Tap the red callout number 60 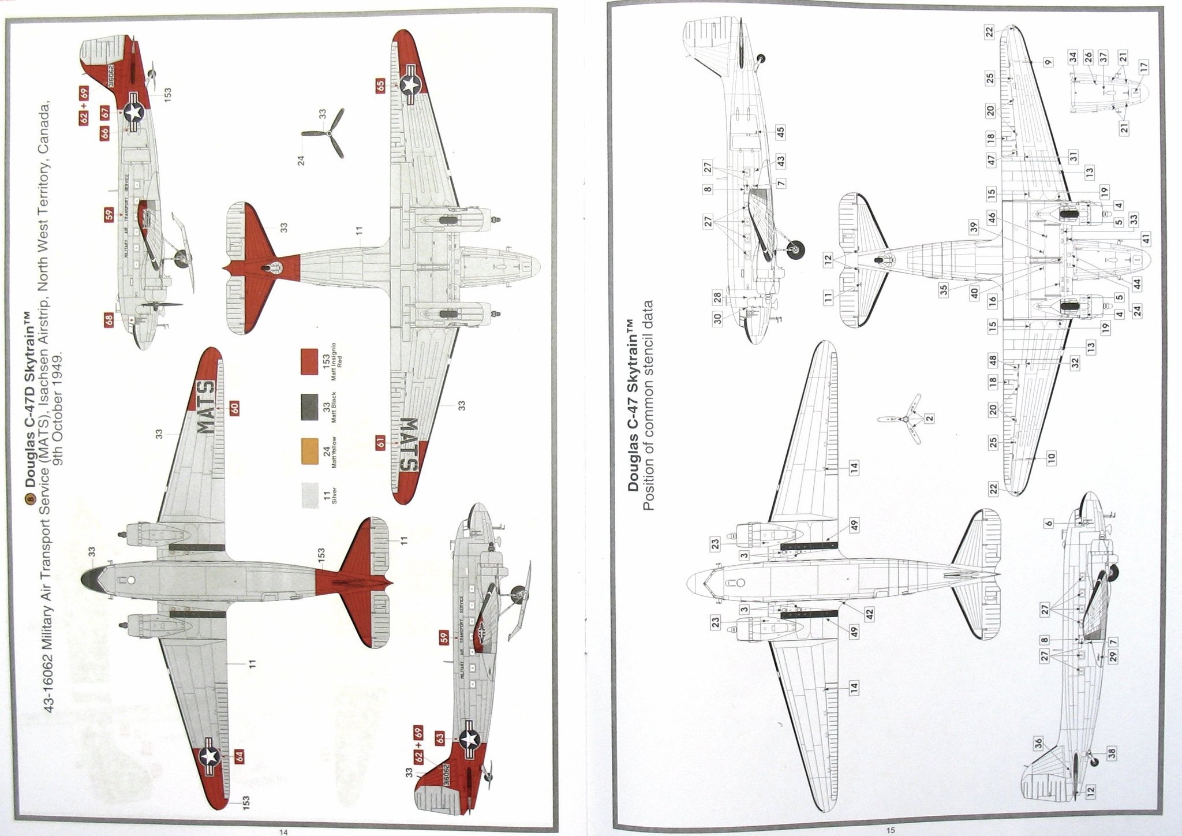point(235,408)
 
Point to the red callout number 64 point(240,756)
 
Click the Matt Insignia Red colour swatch point(309,362)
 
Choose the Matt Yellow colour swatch point(309,451)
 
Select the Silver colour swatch point(309,495)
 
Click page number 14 point(283,831)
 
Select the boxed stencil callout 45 point(780,132)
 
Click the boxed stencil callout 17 point(1144,66)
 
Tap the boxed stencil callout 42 point(869,614)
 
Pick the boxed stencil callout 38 point(1112,752)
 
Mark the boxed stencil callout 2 point(929,418)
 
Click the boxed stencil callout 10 point(1051,458)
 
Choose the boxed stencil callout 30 point(717,319)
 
